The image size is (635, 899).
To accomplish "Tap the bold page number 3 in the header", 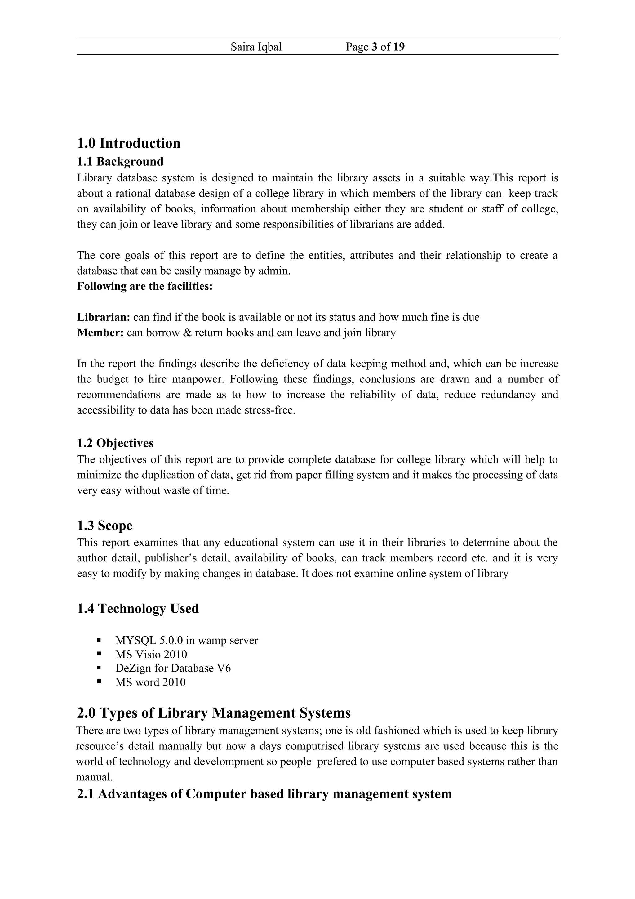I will point(375,47).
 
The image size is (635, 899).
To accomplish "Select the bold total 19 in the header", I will point(399,47).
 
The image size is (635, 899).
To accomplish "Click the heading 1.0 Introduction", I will point(129,143).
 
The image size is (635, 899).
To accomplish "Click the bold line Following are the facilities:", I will point(145,286).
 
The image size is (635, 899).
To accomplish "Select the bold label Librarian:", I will point(103,317).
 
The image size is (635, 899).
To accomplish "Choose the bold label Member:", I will point(100,333).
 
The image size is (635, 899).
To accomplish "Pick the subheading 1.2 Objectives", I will point(115,443).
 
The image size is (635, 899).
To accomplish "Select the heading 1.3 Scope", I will point(104,526).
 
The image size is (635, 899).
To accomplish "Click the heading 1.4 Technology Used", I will point(138,608).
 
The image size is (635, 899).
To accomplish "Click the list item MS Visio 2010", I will point(151,654).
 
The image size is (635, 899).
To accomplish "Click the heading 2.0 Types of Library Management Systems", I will point(214,713).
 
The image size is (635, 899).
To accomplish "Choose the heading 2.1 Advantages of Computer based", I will point(264,794).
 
